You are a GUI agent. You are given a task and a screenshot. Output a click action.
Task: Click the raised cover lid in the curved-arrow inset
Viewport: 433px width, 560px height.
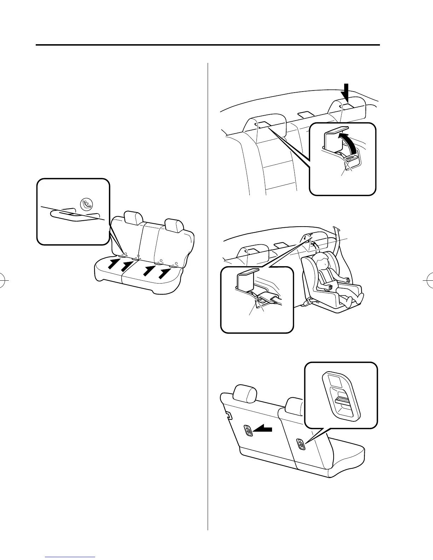[336, 131]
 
